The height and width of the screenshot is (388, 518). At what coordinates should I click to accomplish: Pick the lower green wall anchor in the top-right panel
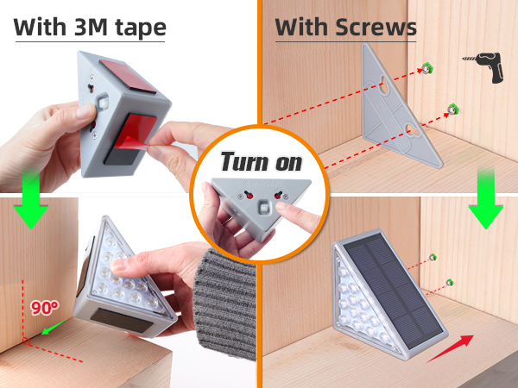coord(450,108)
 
